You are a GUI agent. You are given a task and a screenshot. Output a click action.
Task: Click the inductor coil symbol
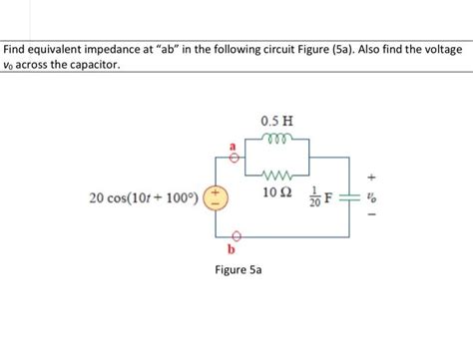(274, 139)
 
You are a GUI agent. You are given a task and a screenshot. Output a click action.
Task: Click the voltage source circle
(215, 196)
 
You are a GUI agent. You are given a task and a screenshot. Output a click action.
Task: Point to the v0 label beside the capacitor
(371, 196)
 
